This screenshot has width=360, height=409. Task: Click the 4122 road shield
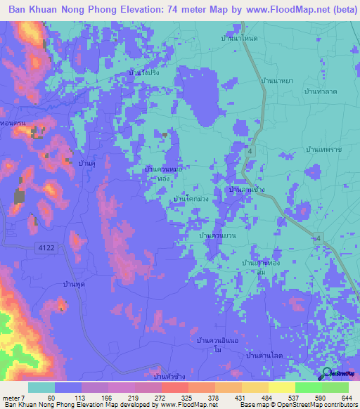pos(46,246)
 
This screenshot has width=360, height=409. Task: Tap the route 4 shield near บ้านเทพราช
pos(251,151)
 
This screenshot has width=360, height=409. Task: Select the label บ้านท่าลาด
pos(319,93)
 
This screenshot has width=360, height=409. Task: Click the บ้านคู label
pos(87,163)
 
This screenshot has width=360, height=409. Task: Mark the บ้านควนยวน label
pos(217,235)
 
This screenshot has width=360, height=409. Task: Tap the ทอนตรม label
pos(13,124)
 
